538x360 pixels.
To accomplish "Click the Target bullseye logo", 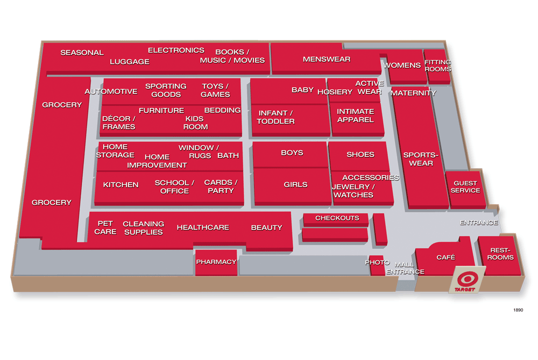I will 466,279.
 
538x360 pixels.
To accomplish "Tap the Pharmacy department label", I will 216,262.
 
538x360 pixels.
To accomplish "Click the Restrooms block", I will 500,254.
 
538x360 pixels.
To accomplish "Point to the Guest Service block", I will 465,187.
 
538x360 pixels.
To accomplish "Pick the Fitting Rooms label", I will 437,66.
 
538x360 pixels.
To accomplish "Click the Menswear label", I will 327,59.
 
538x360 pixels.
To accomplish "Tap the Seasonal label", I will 82,53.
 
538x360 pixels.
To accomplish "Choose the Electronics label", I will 176,51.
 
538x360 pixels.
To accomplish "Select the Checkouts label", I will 337,218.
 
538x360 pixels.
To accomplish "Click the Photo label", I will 377,262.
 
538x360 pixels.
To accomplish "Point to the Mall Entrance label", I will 405,268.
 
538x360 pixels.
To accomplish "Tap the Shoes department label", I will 360,154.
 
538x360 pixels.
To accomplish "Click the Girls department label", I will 295,184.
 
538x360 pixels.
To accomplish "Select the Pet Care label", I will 105,227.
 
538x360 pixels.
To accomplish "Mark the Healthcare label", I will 203,227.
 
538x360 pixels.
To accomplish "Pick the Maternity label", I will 413,93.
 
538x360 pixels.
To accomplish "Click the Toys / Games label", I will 215,90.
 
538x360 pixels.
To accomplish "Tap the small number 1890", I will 518,310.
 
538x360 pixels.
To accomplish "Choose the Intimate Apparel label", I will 355,116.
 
